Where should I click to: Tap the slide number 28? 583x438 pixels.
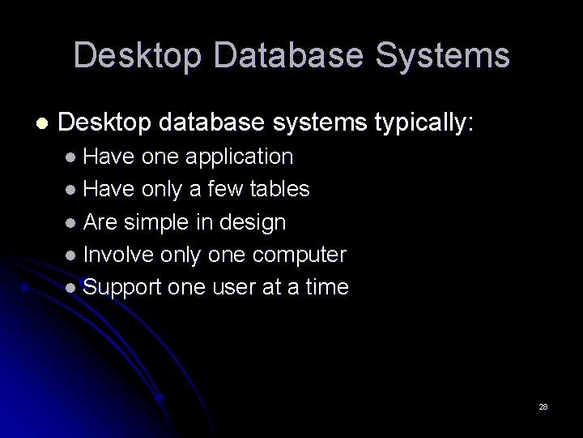click(x=543, y=406)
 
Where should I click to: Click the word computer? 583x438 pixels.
click(x=299, y=255)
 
